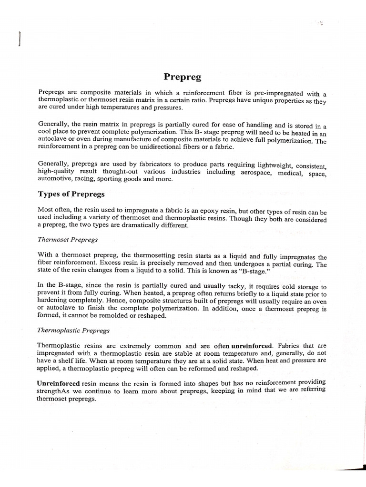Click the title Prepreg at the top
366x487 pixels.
(x=183, y=77)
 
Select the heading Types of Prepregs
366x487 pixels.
(x=71, y=194)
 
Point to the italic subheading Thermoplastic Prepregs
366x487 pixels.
(x=73, y=330)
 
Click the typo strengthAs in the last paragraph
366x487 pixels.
(x=54, y=391)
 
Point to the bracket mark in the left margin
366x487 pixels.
(x=19, y=39)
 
